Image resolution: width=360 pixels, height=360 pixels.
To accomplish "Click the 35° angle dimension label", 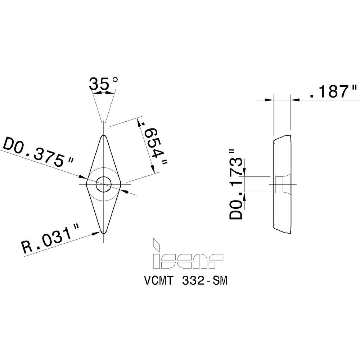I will (103, 84).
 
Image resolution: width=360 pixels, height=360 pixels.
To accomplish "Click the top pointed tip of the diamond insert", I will (104, 136).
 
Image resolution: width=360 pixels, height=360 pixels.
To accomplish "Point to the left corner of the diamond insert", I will (87, 184).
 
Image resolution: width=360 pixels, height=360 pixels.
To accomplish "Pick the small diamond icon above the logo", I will (156, 244).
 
